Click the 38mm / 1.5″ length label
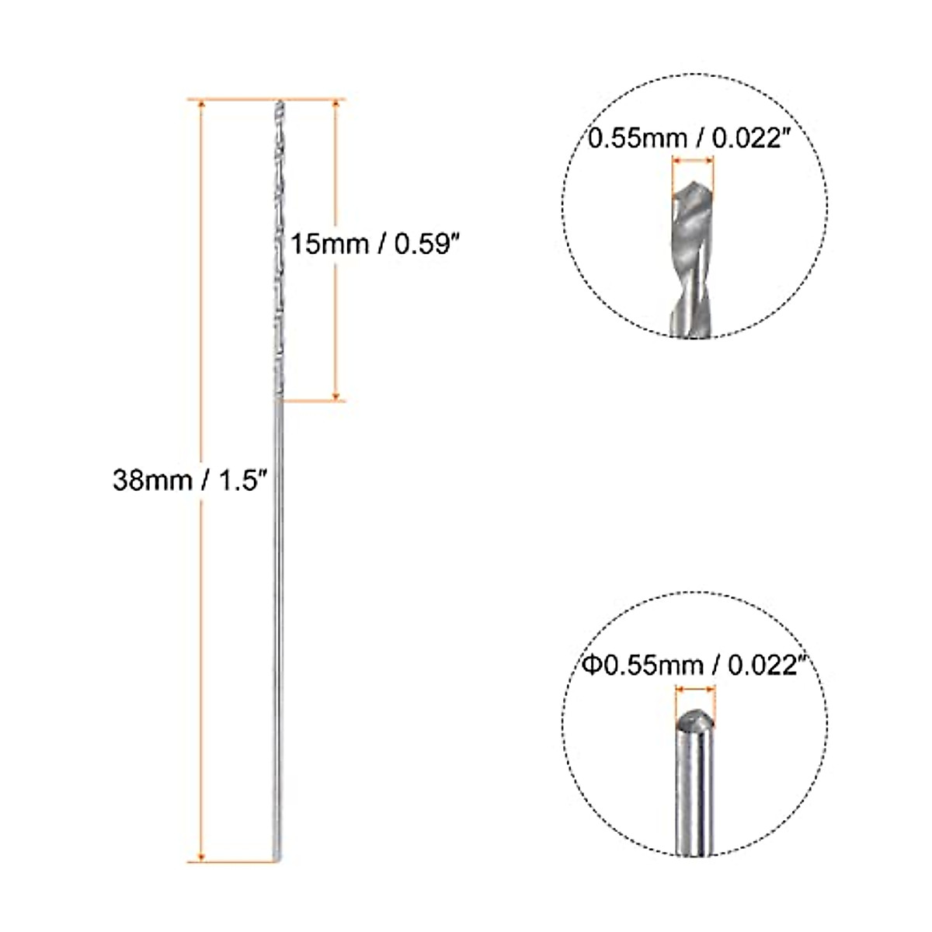(x=190, y=481)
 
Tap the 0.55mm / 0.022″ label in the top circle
(x=694, y=139)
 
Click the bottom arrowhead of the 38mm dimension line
(x=203, y=855)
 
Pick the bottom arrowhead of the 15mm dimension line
(x=336, y=395)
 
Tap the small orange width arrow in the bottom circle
(x=694, y=688)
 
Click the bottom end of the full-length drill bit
(x=277, y=857)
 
